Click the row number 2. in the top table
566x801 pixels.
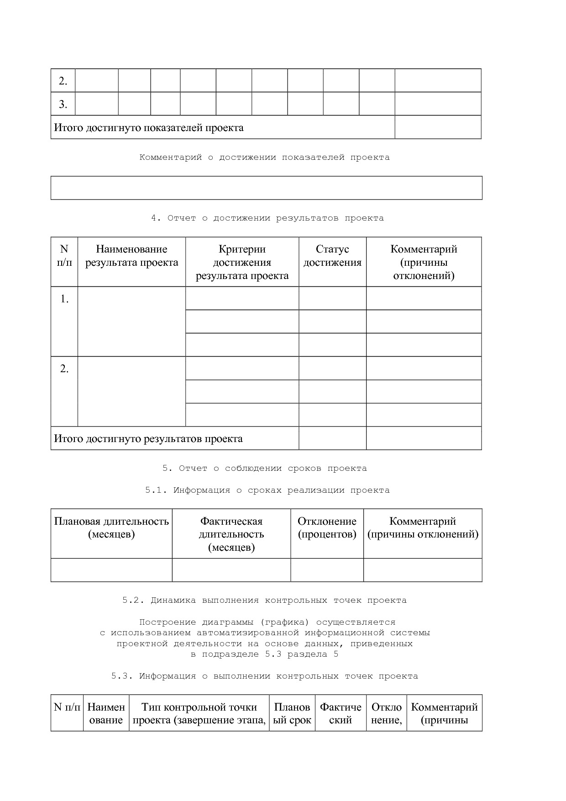(x=63, y=81)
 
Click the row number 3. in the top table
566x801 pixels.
(x=63, y=105)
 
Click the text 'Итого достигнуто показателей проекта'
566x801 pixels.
(x=149, y=128)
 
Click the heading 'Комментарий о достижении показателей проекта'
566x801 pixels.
(x=264, y=158)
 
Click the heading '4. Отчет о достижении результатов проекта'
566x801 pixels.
(x=267, y=218)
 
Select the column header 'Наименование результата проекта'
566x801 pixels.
(x=131, y=256)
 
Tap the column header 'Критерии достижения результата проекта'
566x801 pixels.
(x=242, y=263)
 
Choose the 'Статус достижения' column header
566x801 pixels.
(x=332, y=256)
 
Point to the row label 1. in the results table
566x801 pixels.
(x=64, y=300)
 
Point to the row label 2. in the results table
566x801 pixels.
(x=64, y=369)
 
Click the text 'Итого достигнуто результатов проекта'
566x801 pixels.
(x=148, y=439)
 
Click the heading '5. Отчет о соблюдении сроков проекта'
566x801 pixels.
(x=265, y=469)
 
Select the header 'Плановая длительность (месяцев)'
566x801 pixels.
(x=111, y=528)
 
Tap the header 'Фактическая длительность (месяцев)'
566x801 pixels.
(x=231, y=534)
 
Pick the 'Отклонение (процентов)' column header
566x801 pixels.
(x=327, y=528)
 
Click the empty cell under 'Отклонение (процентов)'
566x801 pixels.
(x=327, y=570)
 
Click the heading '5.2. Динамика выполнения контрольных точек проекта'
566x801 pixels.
(x=264, y=601)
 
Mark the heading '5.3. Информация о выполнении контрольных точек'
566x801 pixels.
(x=265, y=676)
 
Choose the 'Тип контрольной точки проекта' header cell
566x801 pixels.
(x=199, y=714)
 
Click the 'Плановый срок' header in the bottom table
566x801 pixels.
(x=292, y=714)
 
